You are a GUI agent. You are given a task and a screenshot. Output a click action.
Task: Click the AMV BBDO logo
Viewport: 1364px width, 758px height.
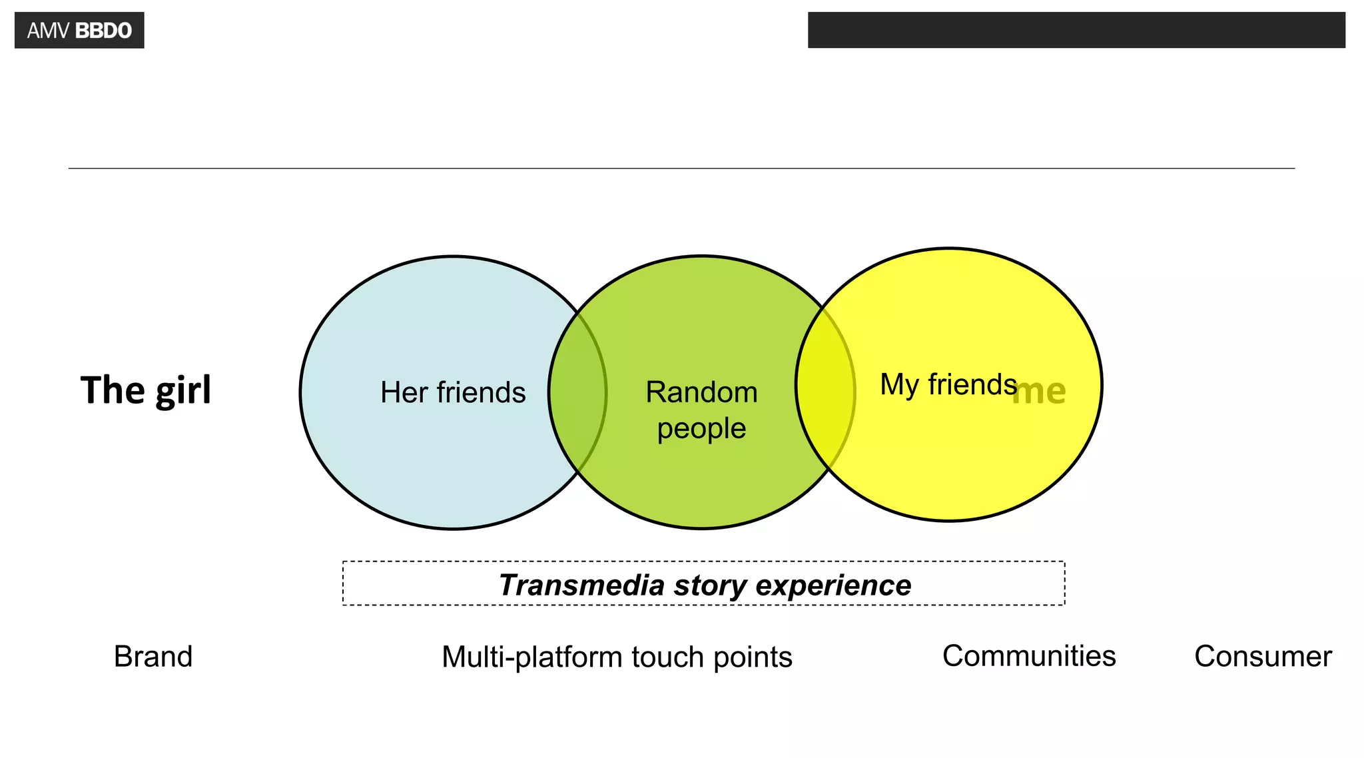[x=79, y=30]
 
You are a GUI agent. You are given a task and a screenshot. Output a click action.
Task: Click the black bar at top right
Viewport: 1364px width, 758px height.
[x=1076, y=30]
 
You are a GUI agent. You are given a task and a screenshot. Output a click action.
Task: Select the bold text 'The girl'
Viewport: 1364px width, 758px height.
[x=146, y=390]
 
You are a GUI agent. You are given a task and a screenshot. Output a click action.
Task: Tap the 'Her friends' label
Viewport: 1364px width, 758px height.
[x=453, y=392]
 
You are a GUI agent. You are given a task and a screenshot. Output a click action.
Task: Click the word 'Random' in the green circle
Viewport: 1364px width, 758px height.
[x=701, y=392]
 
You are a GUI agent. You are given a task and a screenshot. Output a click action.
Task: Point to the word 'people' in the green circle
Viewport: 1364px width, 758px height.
[x=701, y=428]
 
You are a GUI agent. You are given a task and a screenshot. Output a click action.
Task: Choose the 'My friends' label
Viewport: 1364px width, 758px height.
[x=948, y=384]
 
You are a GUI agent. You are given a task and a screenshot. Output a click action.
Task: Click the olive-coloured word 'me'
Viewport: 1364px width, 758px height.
[x=1039, y=391]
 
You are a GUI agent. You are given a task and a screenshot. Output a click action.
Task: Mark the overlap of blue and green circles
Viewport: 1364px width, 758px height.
[x=577, y=392]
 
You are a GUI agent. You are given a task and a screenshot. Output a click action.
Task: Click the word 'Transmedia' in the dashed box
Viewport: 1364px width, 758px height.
[x=581, y=585]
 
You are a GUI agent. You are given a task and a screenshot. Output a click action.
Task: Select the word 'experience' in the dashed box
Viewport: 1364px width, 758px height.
[x=833, y=585]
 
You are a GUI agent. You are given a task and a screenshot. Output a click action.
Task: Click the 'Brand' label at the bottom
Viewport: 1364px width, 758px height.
[x=153, y=657]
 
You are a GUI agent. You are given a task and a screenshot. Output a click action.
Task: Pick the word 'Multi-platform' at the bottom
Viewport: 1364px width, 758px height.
[x=532, y=657]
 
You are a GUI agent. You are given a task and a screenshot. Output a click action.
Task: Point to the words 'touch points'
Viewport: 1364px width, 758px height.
[x=711, y=657]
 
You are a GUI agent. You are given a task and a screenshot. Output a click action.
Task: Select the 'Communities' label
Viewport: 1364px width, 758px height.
[x=1028, y=656]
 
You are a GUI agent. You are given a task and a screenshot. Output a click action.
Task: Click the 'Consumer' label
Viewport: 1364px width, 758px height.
[x=1263, y=657]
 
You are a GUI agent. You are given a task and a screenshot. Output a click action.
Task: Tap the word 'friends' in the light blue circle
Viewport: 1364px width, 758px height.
[x=481, y=392]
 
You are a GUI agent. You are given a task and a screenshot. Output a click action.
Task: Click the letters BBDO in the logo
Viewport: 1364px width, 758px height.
[x=103, y=31]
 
